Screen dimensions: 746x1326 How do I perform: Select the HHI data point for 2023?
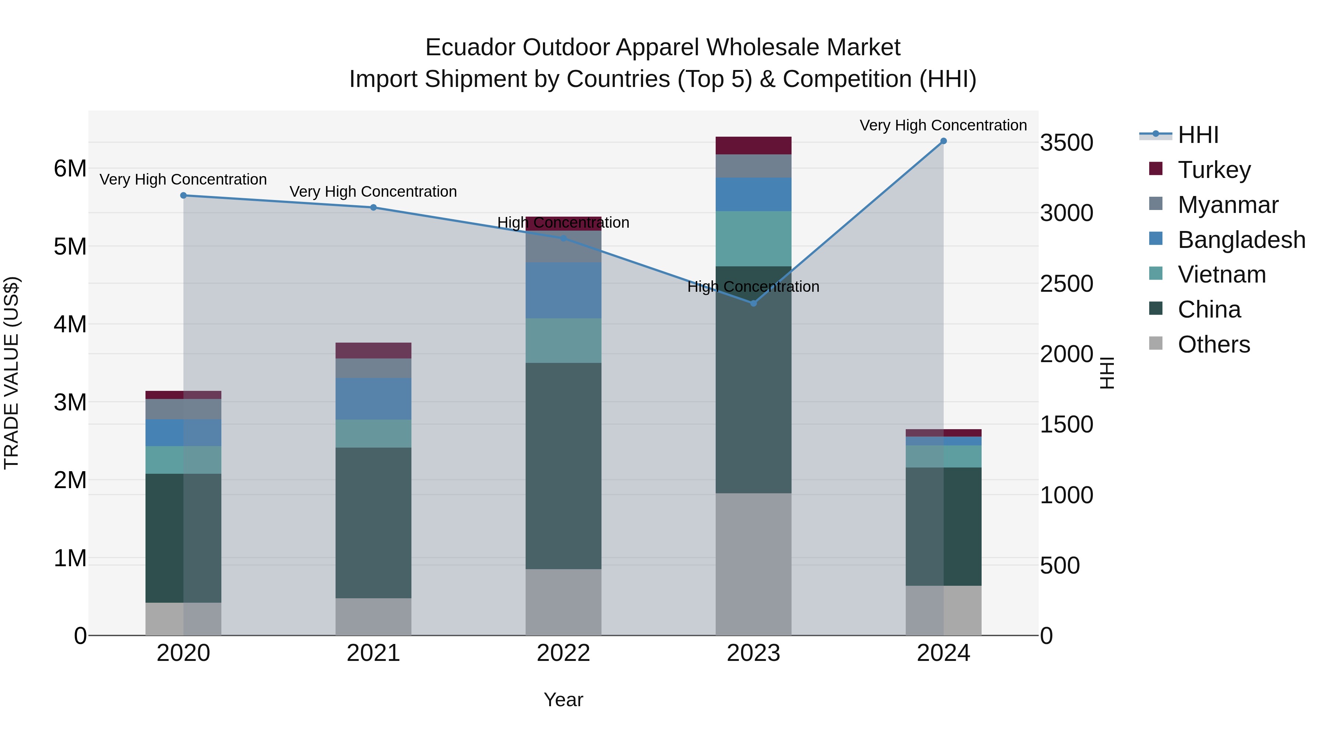pyautogui.click(x=753, y=303)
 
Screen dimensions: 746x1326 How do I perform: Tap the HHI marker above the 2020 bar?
pyautogui.click(x=183, y=196)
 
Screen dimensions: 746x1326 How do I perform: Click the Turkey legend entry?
pyautogui.click(x=1214, y=170)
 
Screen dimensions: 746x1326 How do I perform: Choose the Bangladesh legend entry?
pyautogui.click(x=1241, y=240)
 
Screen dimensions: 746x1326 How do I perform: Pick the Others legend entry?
pyautogui.click(x=1213, y=344)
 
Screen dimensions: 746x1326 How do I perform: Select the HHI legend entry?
pyautogui.click(x=1197, y=135)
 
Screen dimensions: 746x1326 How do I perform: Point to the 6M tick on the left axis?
pyautogui.click(x=70, y=168)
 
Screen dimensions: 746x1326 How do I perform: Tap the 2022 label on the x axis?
pyautogui.click(x=563, y=653)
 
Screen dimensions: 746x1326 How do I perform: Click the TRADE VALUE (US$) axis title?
pyautogui.click(x=11, y=373)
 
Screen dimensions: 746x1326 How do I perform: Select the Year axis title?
pyautogui.click(x=563, y=700)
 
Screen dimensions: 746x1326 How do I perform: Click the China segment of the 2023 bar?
pyautogui.click(x=753, y=379)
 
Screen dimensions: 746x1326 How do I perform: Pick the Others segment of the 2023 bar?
pyautogui.click(x=753, y=564)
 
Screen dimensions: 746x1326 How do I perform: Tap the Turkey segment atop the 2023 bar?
pyautogui.click(x=753, y=146)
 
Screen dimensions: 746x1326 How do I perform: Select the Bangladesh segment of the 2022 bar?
pyautogui.click(x=563, y=290)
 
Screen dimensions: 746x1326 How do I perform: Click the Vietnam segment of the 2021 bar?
pyautogui.click(x=373, y=434)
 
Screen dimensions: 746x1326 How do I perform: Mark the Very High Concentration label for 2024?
pyautogui.click(x=943, y=125)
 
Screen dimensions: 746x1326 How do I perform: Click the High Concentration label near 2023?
pyautogui.click(x=753, y=286)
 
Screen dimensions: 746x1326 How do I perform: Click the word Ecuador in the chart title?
pyautogui.click(x=471, y=48)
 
